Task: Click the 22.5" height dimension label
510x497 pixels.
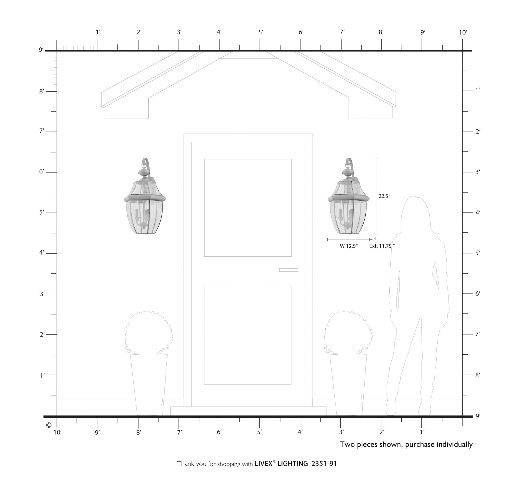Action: point(384,196)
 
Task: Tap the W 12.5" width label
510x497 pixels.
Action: point(348,246)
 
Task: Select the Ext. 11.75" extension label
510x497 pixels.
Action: point(382,246)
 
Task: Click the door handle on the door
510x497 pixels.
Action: point(288,270)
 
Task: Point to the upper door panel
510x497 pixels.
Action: point(248,207)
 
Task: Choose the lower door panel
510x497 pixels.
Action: point(247,334)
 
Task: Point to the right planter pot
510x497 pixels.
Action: point(348,384)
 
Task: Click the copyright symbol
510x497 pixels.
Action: point(48,425)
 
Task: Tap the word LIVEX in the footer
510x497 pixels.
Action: point(263,464)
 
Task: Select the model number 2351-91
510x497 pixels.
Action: point(324,464)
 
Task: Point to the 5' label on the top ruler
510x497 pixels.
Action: point(261,32)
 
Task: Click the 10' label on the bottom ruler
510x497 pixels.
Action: point(57,432)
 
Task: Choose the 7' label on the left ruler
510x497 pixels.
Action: point(42,131)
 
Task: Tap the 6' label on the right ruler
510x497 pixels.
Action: point(478,294)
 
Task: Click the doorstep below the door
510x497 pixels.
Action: point(248,411)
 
